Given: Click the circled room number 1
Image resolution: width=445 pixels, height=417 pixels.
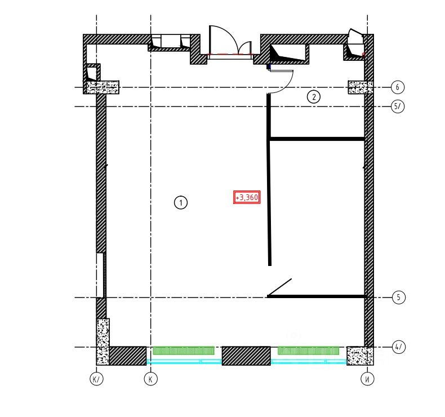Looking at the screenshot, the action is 180,203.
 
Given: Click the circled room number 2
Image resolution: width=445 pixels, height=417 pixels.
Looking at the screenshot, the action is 314,97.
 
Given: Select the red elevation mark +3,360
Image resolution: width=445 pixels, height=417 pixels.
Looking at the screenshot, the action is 247,197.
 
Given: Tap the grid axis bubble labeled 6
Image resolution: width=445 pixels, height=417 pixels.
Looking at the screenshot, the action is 397,87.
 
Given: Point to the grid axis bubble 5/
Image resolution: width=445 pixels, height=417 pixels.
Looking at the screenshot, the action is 398,107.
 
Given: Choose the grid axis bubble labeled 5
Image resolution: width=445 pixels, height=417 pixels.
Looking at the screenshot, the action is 398,298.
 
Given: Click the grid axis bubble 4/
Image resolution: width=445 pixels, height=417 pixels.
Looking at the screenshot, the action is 399,347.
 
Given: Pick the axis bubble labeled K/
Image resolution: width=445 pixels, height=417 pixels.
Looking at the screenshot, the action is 96,379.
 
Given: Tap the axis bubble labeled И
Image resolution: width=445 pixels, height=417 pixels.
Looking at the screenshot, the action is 367,379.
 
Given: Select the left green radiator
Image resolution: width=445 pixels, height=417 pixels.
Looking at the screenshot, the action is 184,351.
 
